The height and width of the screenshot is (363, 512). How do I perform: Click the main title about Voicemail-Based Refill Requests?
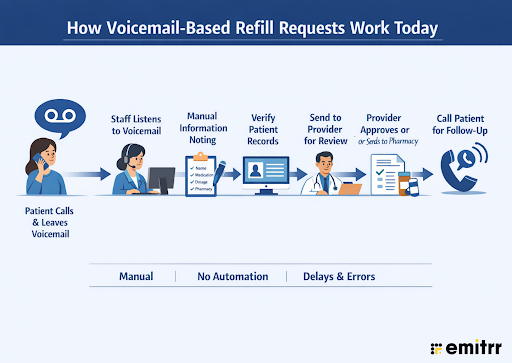point(256,26)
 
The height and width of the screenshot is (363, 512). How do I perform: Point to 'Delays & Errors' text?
point(342,275)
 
